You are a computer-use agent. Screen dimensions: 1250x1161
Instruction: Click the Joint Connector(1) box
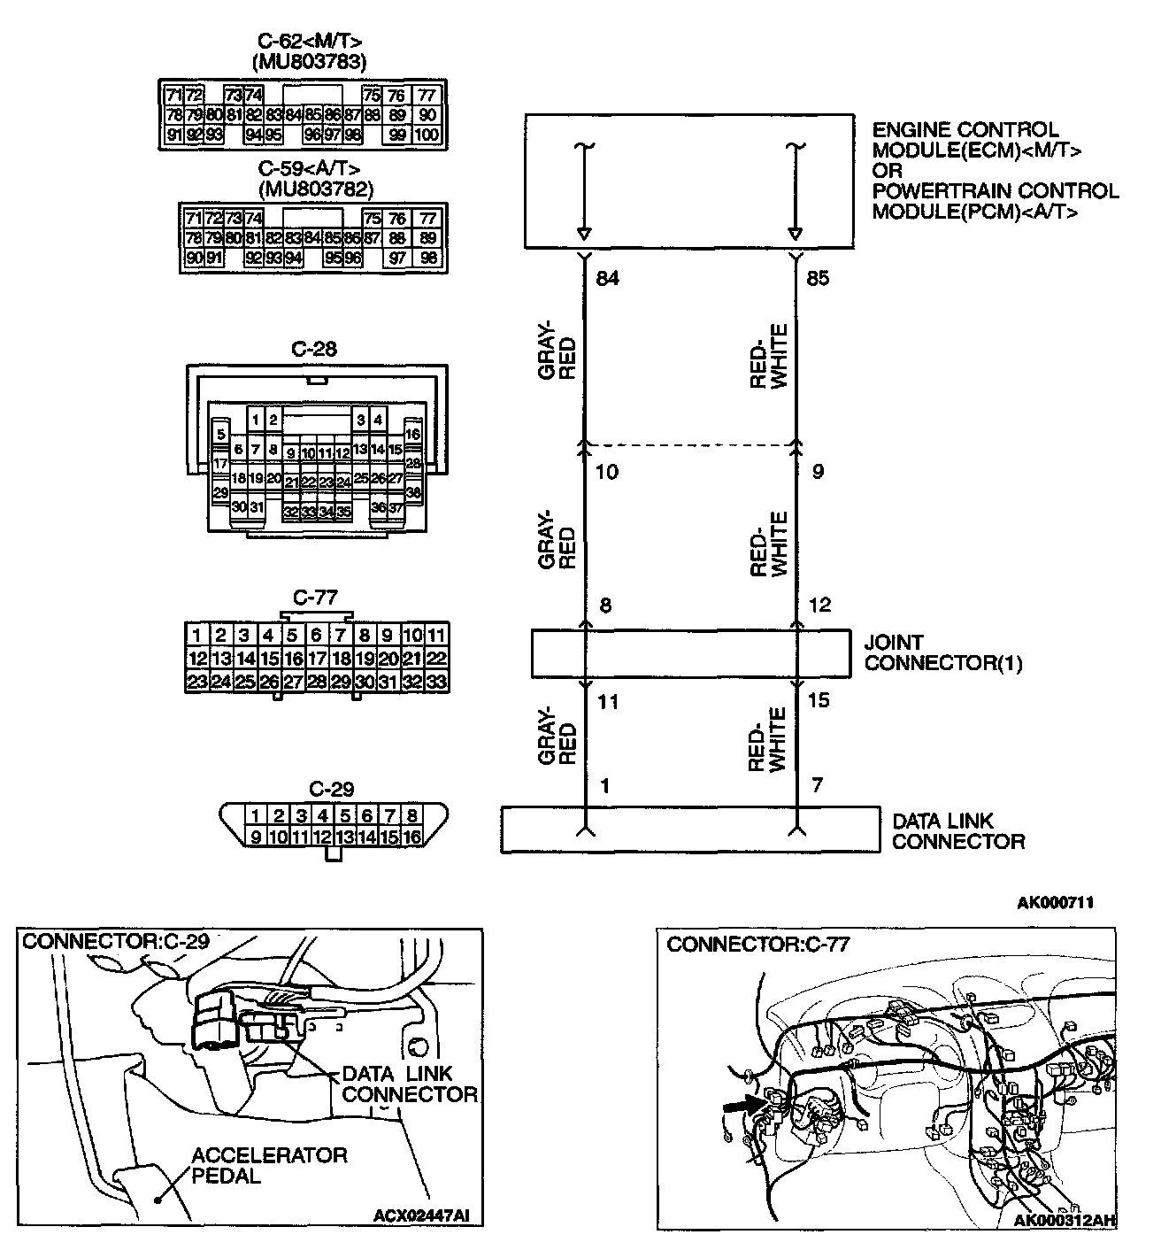(x=689, y=653)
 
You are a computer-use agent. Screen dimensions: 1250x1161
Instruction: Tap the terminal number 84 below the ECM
(x=607, y=279)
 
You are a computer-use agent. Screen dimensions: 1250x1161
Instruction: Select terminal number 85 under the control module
(x=819, y=279)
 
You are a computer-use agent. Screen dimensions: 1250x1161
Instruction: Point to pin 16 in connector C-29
(x=411, y=837)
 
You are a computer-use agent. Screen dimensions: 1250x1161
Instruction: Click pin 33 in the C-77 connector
(x=436, y=682)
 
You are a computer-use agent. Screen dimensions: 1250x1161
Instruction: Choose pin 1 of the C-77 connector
(x=197, y=635)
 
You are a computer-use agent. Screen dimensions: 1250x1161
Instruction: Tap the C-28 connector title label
(x=314, y=349)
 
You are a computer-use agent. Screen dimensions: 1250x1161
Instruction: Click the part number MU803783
(x=309, y=62)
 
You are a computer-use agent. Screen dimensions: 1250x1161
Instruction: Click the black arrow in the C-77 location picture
(x=744, y=1105)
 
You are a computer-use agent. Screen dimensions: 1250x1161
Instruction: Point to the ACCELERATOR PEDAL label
(x=269, y=1165)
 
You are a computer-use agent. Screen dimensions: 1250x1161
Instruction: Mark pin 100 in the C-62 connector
(x=427, y=135)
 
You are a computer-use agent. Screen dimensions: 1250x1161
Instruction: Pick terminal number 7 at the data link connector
(x=816, y=786)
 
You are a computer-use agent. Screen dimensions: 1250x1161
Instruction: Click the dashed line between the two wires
(x=689, y=445)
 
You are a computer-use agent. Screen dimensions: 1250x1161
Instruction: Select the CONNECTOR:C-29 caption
(x=116, y=940)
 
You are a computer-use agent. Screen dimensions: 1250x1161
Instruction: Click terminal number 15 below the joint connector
(x=819, y=700)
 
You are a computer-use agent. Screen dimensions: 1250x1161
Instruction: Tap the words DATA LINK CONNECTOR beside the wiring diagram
(x=957, y=831)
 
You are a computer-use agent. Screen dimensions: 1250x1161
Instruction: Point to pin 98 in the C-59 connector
(x=427, y=258)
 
